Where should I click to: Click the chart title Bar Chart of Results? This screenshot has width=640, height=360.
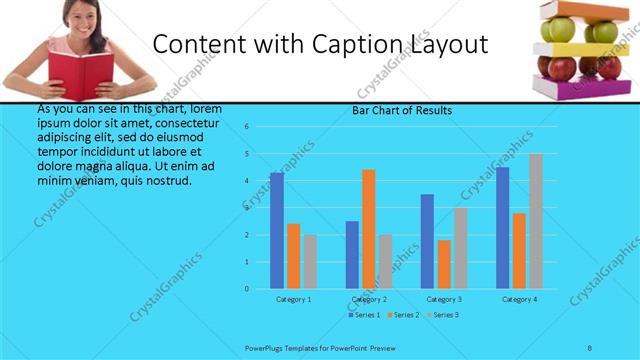coord(401,110)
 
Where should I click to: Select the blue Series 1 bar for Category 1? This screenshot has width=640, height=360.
coord(276,231)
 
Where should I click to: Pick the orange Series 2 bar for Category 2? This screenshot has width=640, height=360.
coord(369,229)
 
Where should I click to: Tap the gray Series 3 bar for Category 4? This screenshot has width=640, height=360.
coord(536,221)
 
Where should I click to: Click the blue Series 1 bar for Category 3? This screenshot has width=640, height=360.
coord(427,241)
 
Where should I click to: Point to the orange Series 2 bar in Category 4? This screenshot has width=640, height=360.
coord(519,251)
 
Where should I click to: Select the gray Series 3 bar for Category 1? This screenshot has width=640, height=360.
coord(310,262)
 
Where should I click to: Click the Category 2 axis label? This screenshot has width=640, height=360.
coord(369,299)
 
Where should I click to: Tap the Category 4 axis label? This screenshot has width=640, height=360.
coord(519,299)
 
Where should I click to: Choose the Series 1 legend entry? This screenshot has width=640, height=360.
coord(363,316)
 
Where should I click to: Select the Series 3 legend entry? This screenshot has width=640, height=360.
coord(443,316)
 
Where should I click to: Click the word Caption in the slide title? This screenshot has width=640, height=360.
coord(364,45)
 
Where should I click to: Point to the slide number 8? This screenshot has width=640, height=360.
coord(590,347)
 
